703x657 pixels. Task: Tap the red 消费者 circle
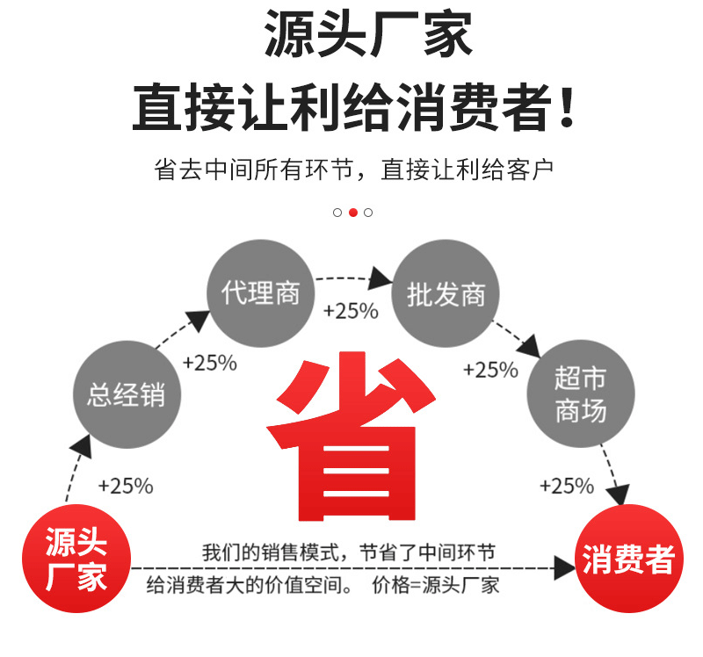pos(628,560)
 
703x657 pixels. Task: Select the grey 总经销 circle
pos(126,393)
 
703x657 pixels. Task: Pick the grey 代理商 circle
pos(260,293)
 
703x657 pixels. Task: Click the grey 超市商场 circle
pos(580,393)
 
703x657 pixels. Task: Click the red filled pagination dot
pos(352,213)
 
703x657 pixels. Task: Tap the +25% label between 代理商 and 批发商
pos(351,311)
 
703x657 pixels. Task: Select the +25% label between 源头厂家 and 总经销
pos(126,485)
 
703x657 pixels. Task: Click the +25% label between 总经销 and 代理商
pos(210,363)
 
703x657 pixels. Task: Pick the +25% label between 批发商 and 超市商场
pos(490,370)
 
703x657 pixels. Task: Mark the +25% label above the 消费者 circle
pos(567,486)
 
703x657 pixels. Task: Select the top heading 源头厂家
pos(368,35)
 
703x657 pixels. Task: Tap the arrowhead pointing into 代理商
pos(199,319)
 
